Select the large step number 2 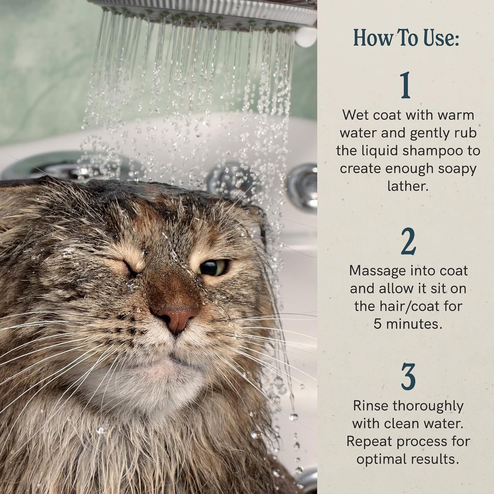pyautogui.click(x=408, y=242)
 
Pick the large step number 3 pyautogui.click(x=408, y=377)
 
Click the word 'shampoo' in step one pyautogui.click(x=432, y=151)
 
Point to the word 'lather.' pyautogui.click(x=408, y=186)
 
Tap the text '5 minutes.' pyautogui.click(x=408, y=324)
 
